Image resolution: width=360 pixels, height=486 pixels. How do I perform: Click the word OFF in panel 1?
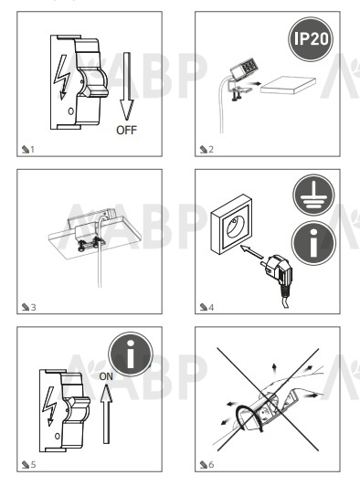tap(126, 130)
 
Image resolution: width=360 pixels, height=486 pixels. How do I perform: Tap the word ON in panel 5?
tap(106, 376)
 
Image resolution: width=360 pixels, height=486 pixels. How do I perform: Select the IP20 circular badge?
tap(311, 39)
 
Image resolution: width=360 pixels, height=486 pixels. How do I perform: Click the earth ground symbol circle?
tap(313, 195)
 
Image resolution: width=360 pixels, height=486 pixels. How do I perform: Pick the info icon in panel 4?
tap(313, 243)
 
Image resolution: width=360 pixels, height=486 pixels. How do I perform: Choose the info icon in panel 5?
tap(131, 354)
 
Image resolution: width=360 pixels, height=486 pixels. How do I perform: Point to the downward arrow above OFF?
tap(127, 86)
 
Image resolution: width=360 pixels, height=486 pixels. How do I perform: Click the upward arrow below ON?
tap(106, 414)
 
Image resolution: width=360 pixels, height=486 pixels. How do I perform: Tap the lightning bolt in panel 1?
tap(62, 77)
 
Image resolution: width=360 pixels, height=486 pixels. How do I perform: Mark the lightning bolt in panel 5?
tap(49, 406)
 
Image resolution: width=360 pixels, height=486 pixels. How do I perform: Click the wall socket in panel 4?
tap(231, 224)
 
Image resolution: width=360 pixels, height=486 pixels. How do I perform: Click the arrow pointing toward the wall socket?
tap(252, 251)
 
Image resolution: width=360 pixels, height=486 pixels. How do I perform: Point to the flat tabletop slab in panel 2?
tap(288, 85)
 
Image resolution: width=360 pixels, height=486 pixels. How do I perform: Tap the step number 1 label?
tap(28, 150)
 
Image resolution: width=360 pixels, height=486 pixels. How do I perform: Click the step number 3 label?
tap(29, 307)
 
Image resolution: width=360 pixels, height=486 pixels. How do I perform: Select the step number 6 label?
tap(206, 464)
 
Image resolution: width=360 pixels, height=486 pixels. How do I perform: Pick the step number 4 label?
tap(206, 307)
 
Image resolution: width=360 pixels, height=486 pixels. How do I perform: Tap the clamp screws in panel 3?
tap(89, 243)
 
